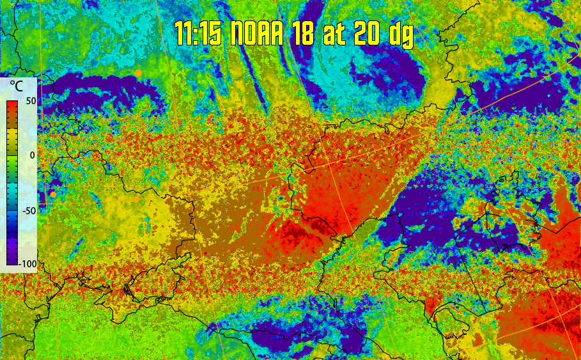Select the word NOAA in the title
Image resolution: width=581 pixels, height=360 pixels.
(x=256, y=34)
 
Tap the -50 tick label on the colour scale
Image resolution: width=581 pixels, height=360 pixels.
(x=28, y=210)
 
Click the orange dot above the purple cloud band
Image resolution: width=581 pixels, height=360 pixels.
(x=138, y=74)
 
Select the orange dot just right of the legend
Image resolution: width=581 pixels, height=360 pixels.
(x=53, y=194)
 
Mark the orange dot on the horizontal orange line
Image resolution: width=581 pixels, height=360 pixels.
(x=137, y=200)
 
